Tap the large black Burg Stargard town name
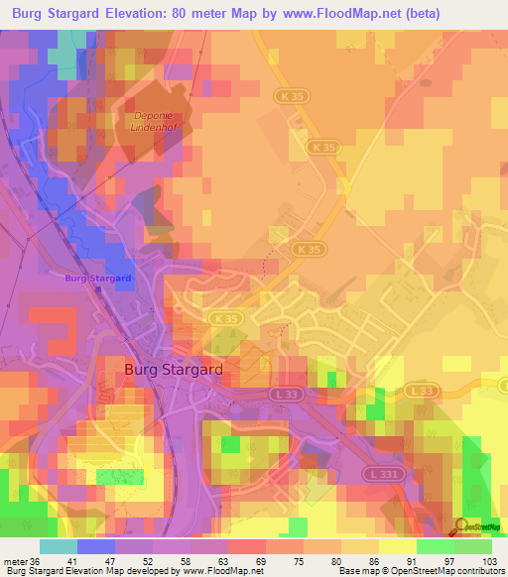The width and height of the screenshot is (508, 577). click(173, 369)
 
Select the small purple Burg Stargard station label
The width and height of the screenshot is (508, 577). click(98, 279)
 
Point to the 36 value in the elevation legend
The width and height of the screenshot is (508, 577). click(36, 560)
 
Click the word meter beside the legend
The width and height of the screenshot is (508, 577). click(14, 560)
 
